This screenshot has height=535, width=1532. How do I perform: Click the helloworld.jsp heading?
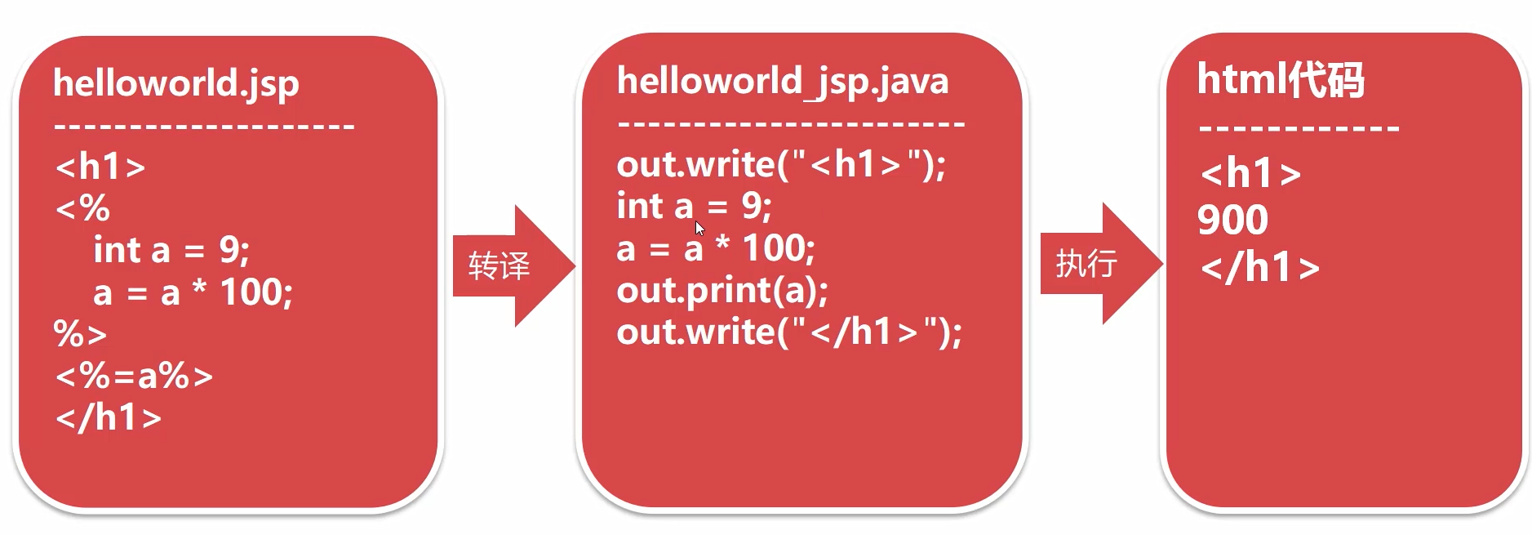click(x=176, y=83)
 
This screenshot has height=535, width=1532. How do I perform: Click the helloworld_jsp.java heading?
click(x=782, y=82)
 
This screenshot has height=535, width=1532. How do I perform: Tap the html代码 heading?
click(x=1280, y=80)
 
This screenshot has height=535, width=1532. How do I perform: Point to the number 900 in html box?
click(x=1232, y=220)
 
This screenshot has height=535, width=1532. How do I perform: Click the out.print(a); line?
click(x=722, y=291)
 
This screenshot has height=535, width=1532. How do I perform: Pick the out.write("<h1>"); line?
click(x=780, y=165)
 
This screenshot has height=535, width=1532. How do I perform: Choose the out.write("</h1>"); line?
click(x=788, y=332)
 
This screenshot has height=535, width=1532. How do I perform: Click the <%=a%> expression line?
click(x=134, y=376)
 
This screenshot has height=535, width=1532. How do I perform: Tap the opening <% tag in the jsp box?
click(x=82, y=208)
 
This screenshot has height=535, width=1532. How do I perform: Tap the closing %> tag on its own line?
click(x=80, y=334)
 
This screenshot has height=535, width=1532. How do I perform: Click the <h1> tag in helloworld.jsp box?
click(x=100, y=167)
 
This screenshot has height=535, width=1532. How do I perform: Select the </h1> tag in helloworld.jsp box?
click(x=108, y=417)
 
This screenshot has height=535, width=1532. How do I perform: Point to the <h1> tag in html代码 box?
click(x=1250, y=173)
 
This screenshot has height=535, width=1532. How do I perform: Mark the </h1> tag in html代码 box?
click(x=1259, y=267)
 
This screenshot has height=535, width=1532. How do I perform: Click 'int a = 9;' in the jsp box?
click(x=171, y=250)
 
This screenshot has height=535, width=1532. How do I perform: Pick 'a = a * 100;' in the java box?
click(x=715, y=248)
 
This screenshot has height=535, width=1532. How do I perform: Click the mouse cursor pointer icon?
click(x=699, y=229)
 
